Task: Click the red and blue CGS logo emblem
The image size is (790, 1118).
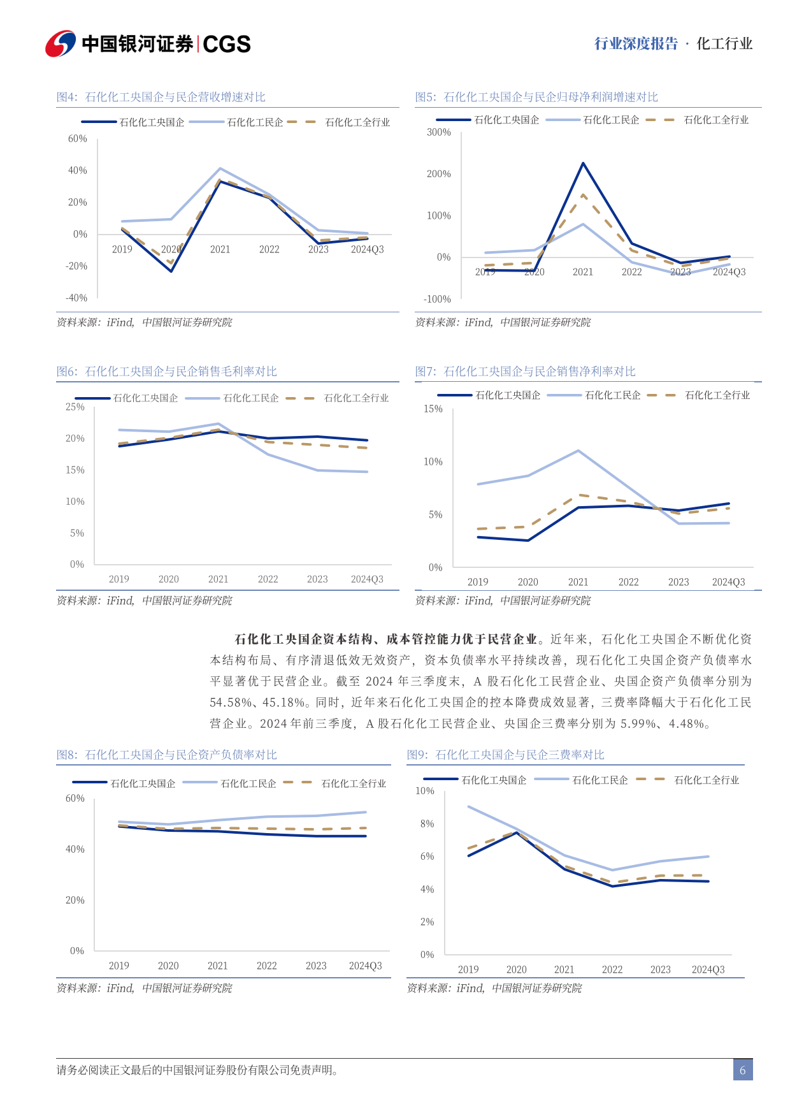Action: coord(61,43)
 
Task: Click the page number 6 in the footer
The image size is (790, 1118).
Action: coord(742,1070)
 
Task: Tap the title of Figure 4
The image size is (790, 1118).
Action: coord(161,97)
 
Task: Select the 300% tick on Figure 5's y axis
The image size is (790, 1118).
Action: coord(438,133)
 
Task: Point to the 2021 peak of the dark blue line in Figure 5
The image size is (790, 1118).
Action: coord(583,163)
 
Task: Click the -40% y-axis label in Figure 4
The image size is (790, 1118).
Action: coord(76,298)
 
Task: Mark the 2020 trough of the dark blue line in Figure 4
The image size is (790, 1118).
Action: coord(171,271)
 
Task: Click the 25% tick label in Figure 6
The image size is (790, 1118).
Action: coord(75,407)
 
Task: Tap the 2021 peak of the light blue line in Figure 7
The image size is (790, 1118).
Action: coord(578,451)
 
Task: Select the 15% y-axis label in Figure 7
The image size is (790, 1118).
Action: coord(433,409)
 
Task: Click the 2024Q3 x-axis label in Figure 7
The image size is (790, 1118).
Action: coord(728,582)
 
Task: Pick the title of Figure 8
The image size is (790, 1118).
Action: coord(166,755)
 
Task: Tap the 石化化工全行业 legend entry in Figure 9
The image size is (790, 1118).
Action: coord(706,780)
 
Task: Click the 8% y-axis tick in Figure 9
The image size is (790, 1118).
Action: coord(427,824)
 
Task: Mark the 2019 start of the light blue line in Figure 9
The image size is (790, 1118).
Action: coord(468,806)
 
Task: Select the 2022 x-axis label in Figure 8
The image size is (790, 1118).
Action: coord(266,966)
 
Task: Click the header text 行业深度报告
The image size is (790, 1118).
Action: coord(636,43)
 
